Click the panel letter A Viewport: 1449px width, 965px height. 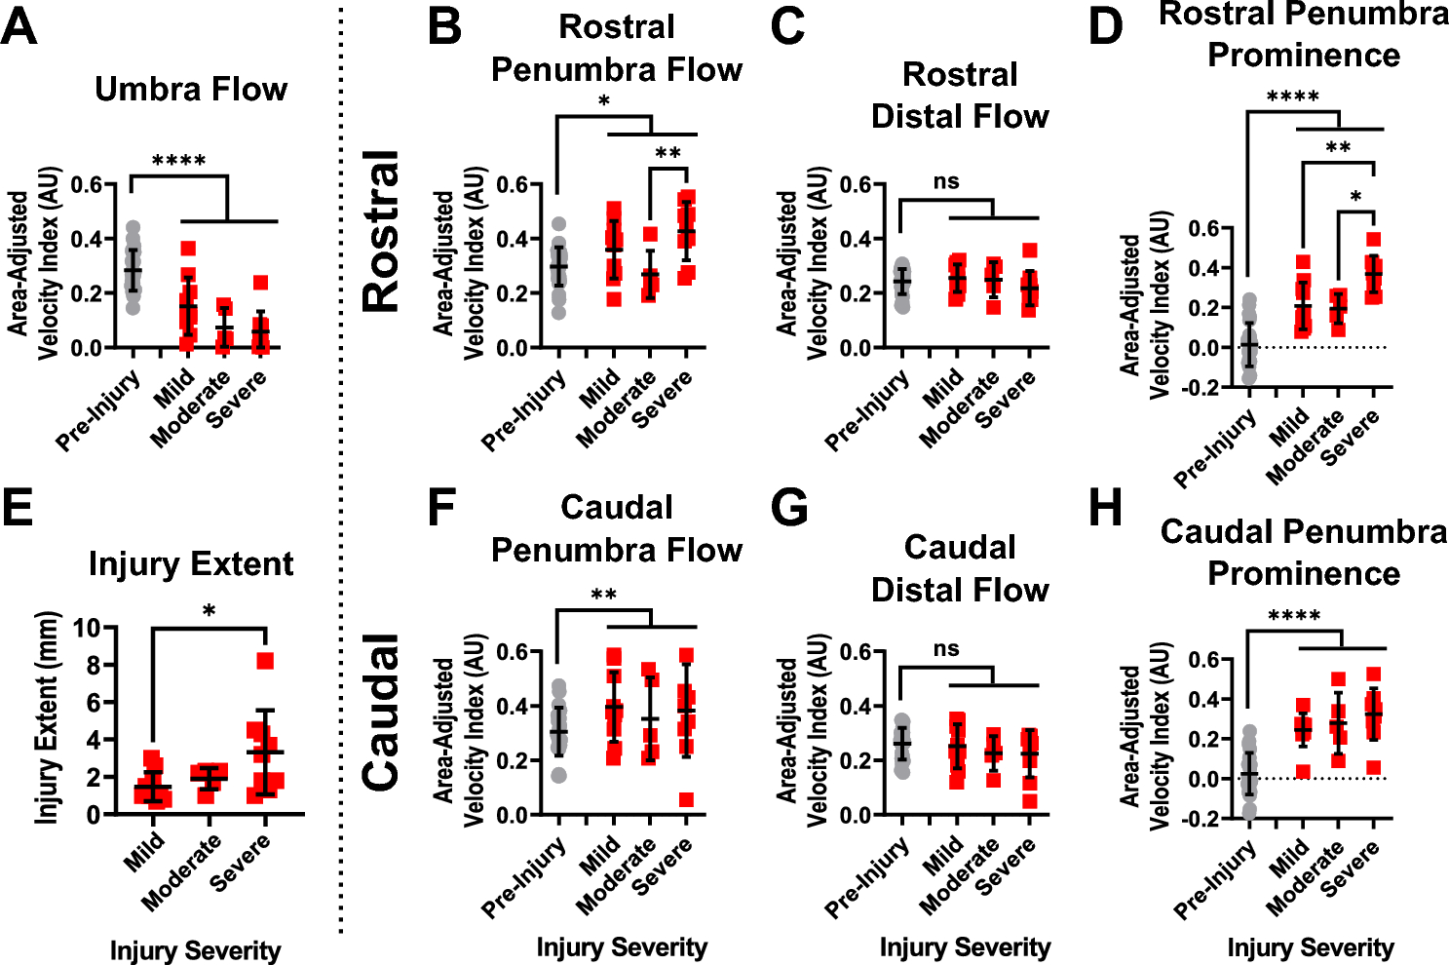pos(19,26)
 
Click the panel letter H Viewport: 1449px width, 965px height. pos(1106,508)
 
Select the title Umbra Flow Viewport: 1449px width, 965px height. pos(191,90)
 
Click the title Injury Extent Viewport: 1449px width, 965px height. pos(191,564)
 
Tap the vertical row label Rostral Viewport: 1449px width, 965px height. pos(382,231)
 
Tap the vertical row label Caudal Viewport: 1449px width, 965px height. pos(382,712)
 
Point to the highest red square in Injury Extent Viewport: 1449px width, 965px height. pos(265,662)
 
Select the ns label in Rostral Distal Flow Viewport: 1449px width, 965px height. pos(945,181)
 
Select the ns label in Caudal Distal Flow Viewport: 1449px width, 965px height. pos(945,649)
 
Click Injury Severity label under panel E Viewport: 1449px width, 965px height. pos(195,950)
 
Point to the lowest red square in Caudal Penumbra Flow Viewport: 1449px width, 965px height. pos(687,799)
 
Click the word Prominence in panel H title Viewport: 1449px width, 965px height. pos(1303,574)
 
